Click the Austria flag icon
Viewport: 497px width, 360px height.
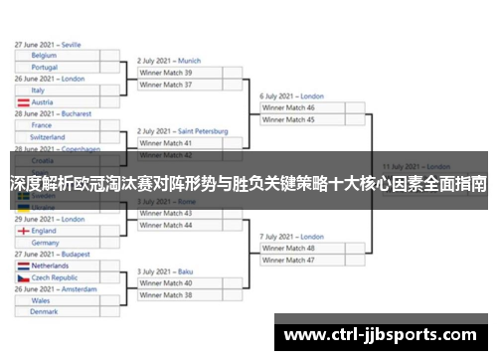(x=22, y=102)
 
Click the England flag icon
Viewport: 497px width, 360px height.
(x=22, y=231)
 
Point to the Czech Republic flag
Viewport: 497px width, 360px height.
(x=22, y=278)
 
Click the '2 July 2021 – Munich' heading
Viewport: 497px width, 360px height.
(x=169, y=61)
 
